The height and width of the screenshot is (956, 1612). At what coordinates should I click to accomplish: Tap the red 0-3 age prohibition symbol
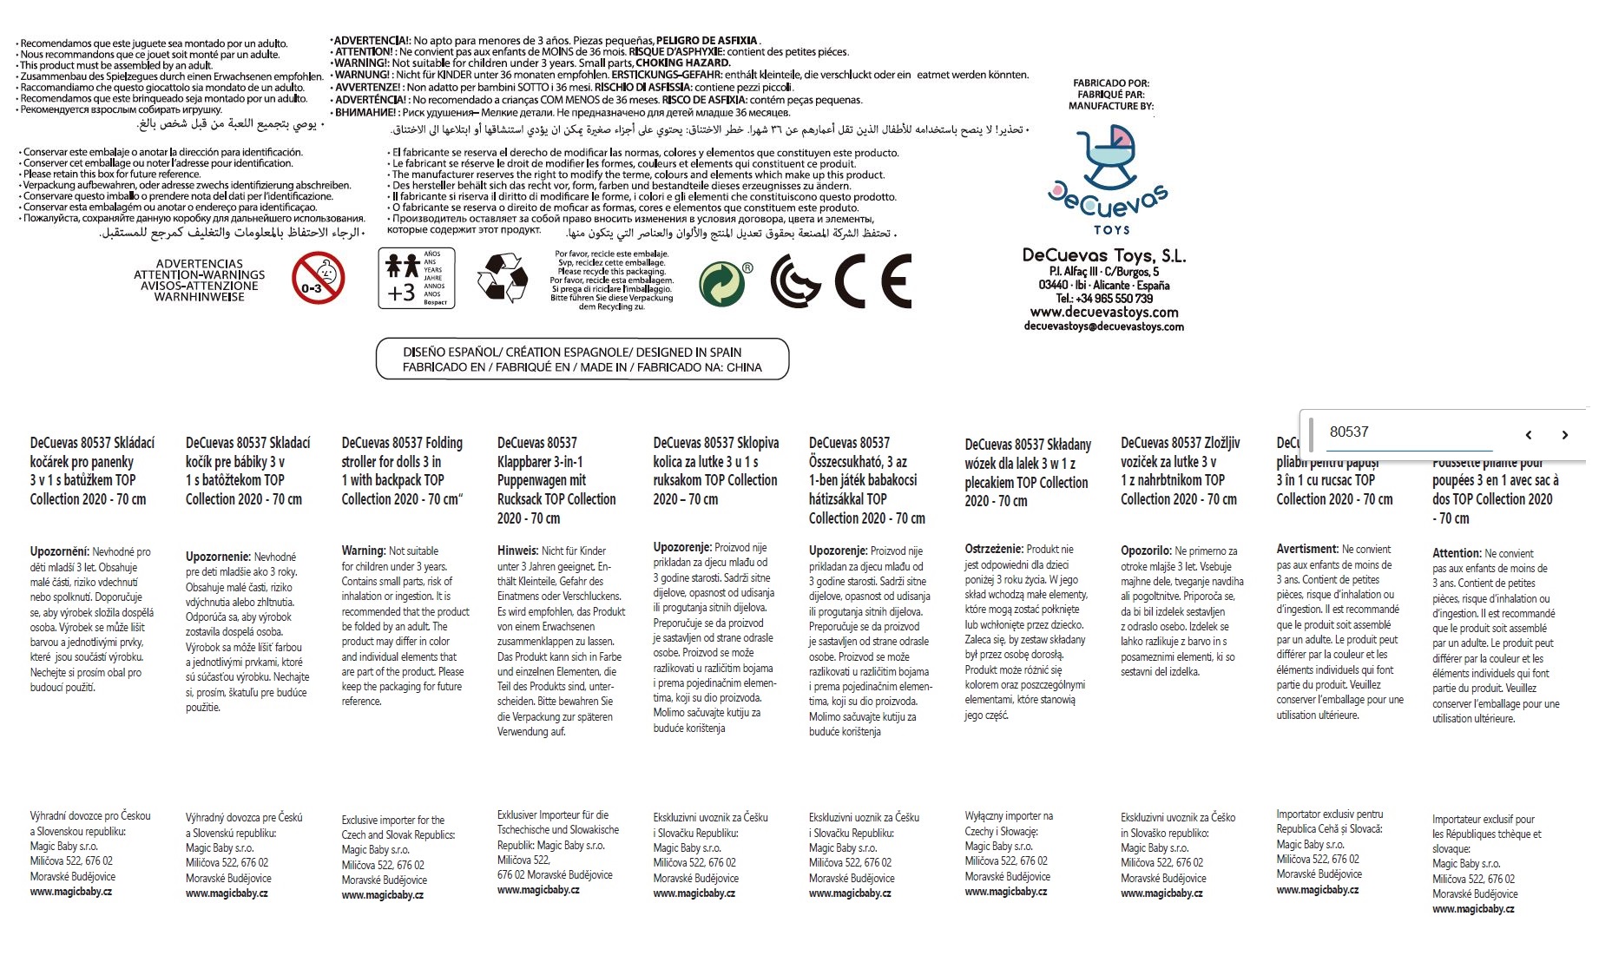[x=318, y=279]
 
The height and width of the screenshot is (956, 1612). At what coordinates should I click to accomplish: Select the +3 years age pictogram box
[x=416, y=278]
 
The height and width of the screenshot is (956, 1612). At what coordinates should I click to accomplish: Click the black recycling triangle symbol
[x=502, y=278]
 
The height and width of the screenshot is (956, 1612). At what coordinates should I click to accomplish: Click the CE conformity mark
[x=872, y=280]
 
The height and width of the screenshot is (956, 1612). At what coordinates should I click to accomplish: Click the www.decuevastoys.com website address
[x=1103, y=313]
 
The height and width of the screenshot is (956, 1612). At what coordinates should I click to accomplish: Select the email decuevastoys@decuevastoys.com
[x=1103, y=326]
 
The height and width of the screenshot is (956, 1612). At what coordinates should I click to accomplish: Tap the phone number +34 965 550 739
[x=1103, y=299]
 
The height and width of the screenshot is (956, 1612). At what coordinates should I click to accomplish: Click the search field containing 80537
[x=1409, y=432]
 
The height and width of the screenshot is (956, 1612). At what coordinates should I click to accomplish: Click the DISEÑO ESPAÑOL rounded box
[x=582, y=359]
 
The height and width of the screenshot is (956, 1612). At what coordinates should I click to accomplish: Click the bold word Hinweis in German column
[x=517, y=551]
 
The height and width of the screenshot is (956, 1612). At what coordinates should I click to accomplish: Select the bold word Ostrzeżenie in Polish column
[x=994, y=549]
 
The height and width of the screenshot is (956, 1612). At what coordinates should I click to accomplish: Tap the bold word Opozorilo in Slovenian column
[x=1146, y=551]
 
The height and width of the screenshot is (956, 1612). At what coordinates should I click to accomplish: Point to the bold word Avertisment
[x=1307, y=549]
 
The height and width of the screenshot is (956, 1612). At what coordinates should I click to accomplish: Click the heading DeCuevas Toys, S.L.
[x=1103, y=256]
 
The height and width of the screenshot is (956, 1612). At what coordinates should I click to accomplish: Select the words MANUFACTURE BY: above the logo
[x=1110, y=106]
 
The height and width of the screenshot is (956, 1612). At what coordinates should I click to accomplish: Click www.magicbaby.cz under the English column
[x=382, y=895]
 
